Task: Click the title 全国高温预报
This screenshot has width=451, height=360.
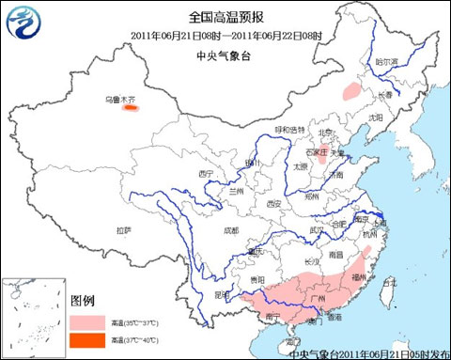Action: pyautogui.click(x=225, y=17)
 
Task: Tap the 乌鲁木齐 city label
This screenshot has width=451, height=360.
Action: pyautogui.click(x=118, y=98)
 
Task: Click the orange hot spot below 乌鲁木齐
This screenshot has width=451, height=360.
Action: pyautogui.click(x=131, y=108)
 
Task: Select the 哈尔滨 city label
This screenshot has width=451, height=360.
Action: pyautogui.click(x=387, y=61)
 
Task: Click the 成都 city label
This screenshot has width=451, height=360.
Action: pyautogui.click(x=231, y=229)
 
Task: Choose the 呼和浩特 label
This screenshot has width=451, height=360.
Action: pyautogui.click(x=289, y=129)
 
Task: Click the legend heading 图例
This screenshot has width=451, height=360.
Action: pyautogui.click(x=83, y=300)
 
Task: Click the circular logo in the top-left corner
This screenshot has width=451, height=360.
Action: pyautogui.click(x=28, y=23)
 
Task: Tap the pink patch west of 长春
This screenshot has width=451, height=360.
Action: pyautogui.click(x=351, y=90)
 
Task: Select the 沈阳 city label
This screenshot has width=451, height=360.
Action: pyautogui.click(x=376, y=117)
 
